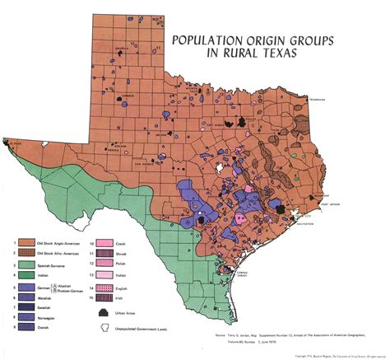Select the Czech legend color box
(x=104, y=242)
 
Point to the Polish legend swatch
(x=104, y=264)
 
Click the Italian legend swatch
(x=104, y=274)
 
